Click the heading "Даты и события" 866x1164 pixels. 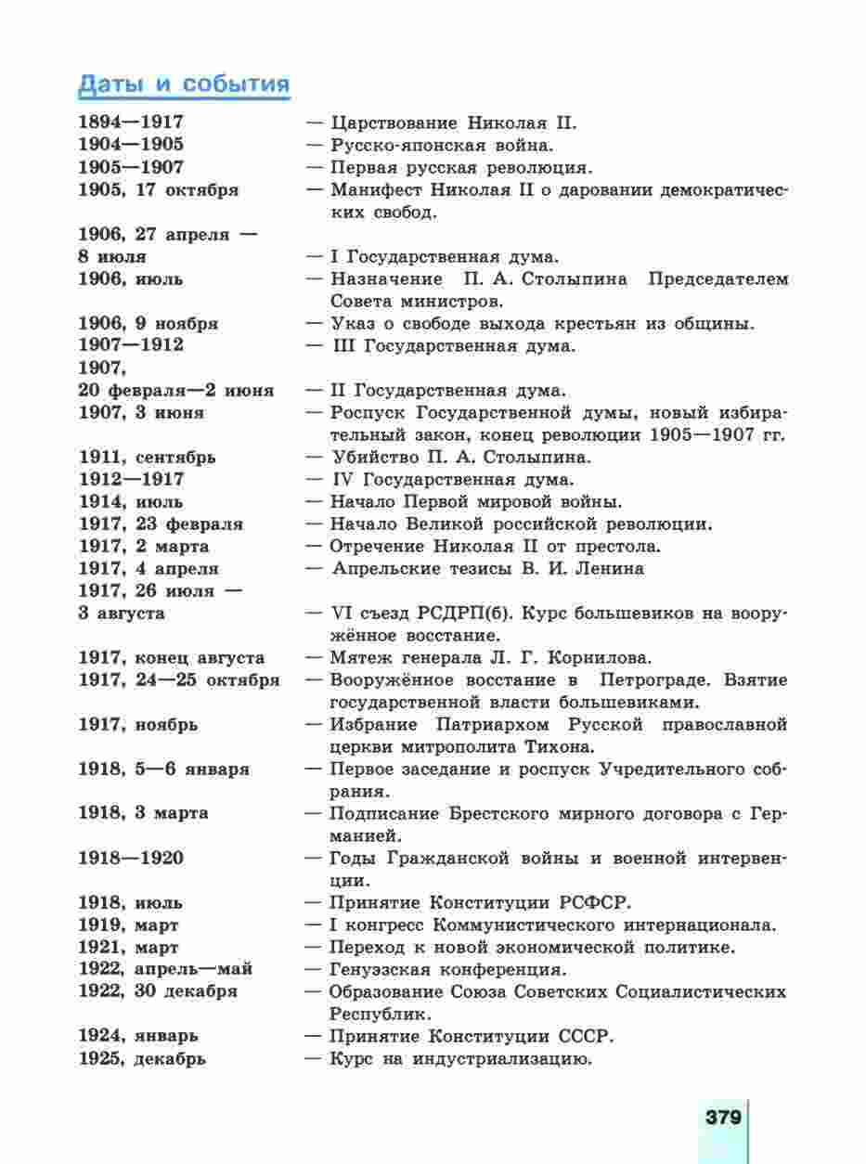(x=184, y=84)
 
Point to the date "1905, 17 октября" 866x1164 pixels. (x=158, y=190)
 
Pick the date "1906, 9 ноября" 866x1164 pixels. (x=148, y=324)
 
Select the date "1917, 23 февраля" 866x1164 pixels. (x=161, y=524)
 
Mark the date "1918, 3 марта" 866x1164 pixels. (x=143, y=813)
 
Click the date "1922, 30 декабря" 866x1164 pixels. (x=157, y=991)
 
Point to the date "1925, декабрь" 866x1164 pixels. (x=142, y=1058)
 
